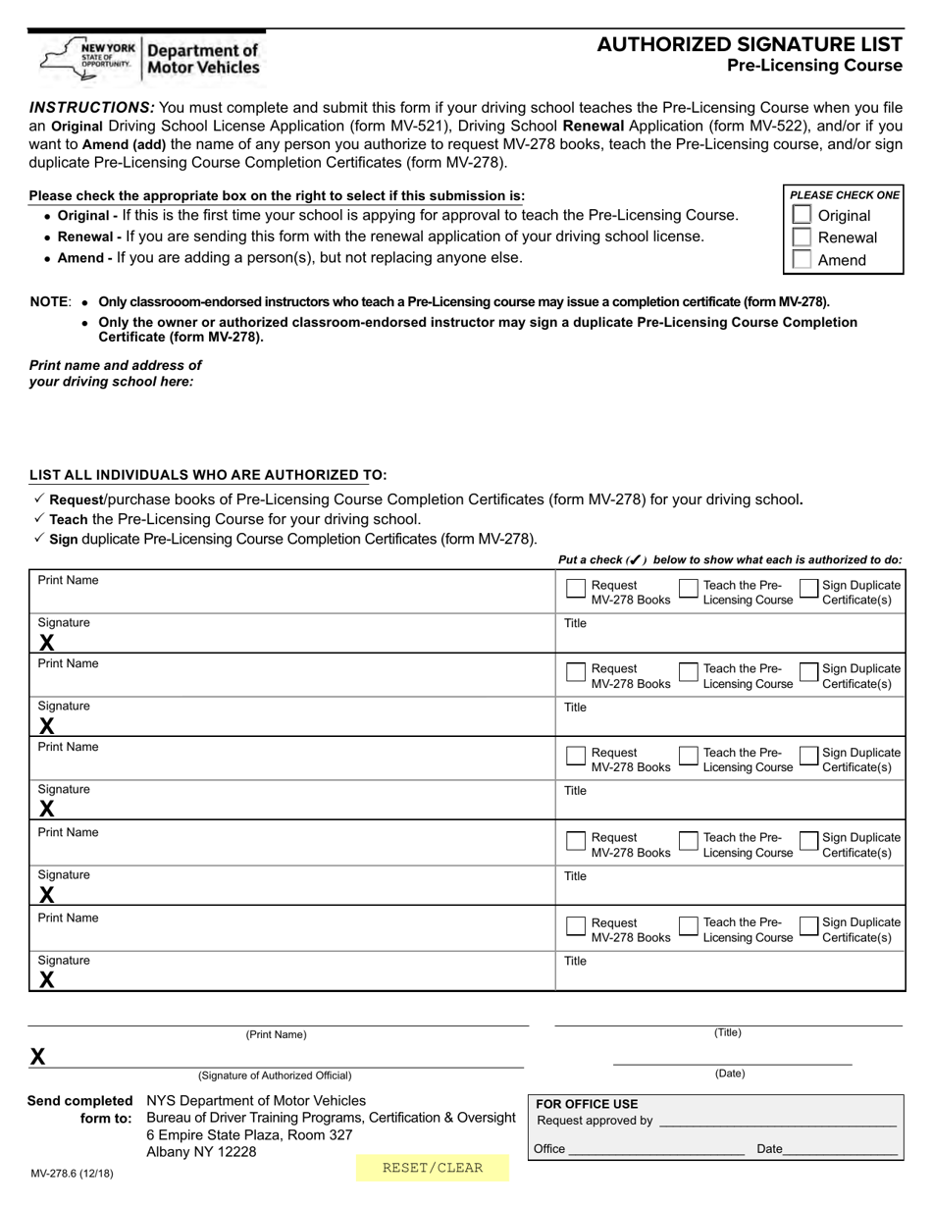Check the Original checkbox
coord(802,215)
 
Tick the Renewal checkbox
coord(802,237)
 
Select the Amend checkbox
coord(802,260)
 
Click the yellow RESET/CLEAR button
coord(433,1168)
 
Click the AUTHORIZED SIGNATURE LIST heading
coord(750,44)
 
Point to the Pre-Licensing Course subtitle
coord(814,66)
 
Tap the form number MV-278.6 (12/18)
coord(72,1173)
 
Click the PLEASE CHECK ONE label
coord(844,195)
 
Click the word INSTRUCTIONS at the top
coord(91,107)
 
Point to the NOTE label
coord(50,302)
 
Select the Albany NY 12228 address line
coord(201,1152)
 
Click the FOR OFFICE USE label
coord(587,1104)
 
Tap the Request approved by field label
coord(595,1121)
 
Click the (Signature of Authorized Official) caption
coord(275,1076)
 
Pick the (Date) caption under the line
coord(730,1074)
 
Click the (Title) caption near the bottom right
coord(728,1032)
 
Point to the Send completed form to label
coord(80,1109)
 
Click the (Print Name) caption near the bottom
coord(276,1034)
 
